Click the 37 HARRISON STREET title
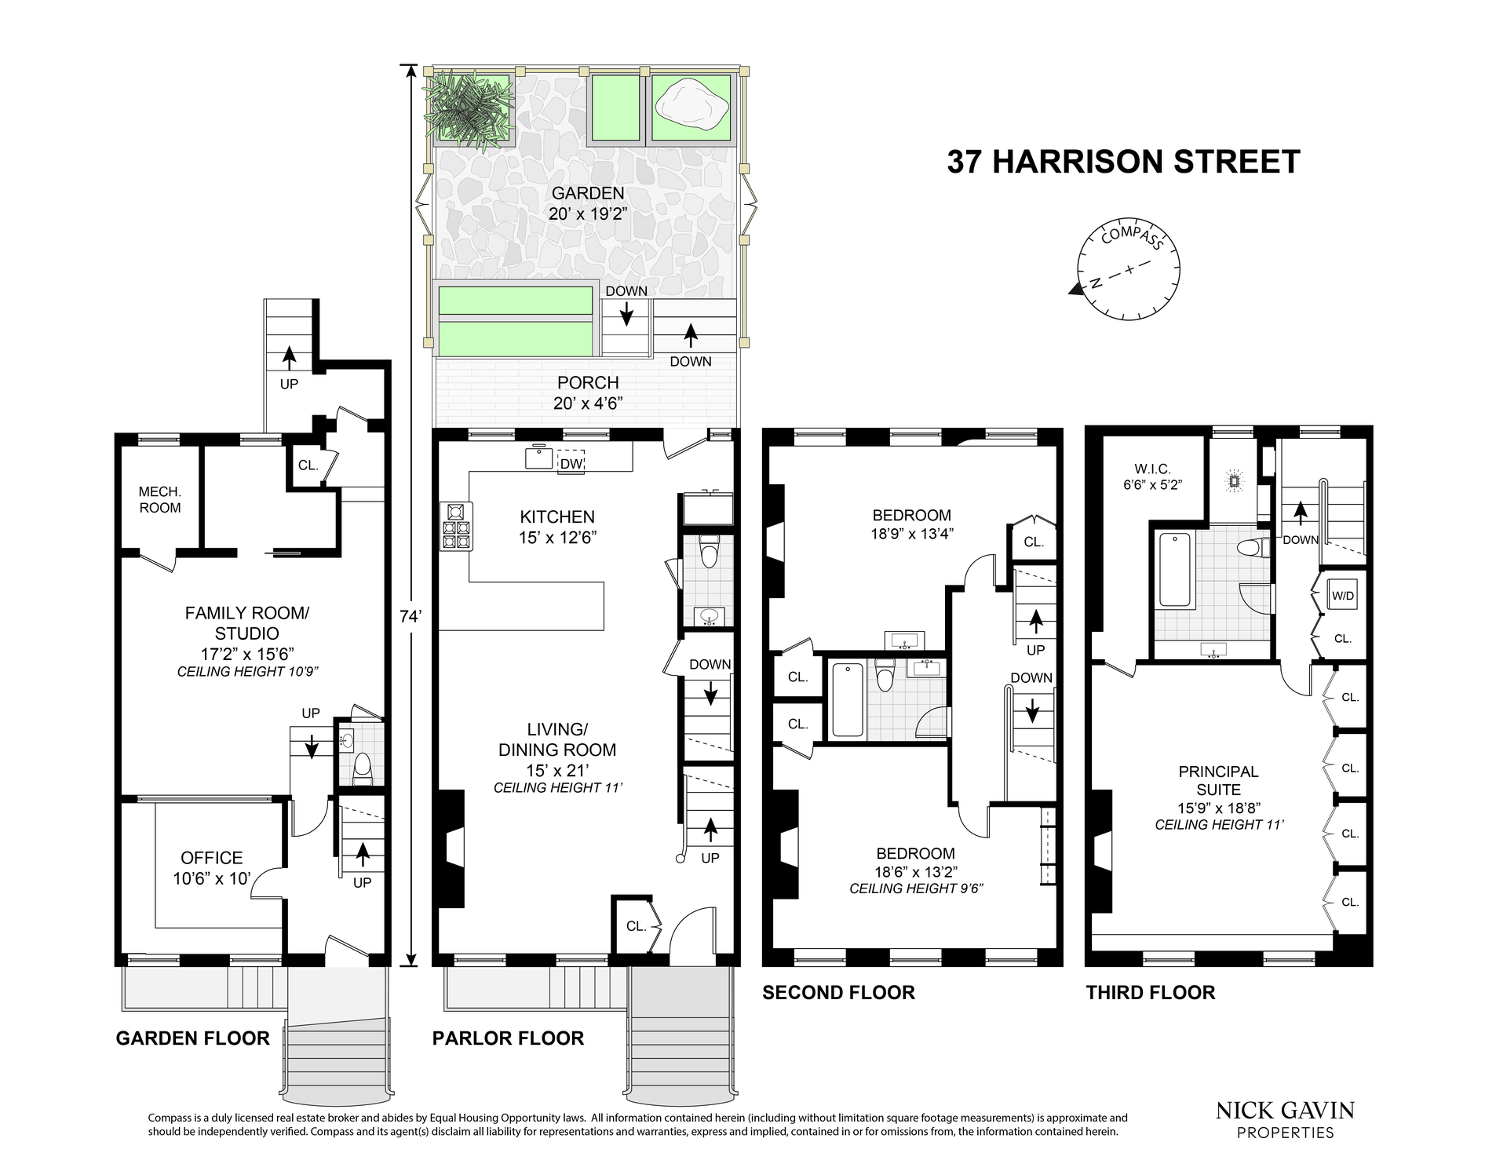1123,162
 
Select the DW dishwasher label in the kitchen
571,464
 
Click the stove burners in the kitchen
456,525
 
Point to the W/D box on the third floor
1343,596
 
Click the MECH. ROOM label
160,500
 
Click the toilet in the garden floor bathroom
363,768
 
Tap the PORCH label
588,383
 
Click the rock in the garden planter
691,107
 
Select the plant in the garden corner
468,110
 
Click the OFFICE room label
212,858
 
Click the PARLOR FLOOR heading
508,1038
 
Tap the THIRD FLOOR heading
1151,993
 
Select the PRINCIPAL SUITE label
1218,781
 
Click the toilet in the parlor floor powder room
709,552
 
